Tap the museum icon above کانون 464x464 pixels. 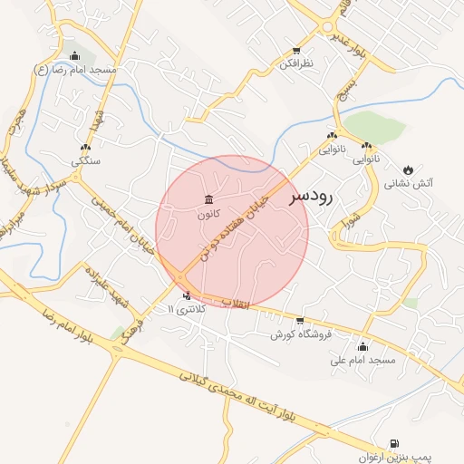[x=208, y=199]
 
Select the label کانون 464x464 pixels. [x=208, y=215]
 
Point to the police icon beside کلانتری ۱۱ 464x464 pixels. [x=188, y=295]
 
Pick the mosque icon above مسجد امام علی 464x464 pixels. [x=363, y=346]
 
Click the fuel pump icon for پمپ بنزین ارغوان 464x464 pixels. [x=393, y=444]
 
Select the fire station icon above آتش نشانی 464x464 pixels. [x=408, y=169]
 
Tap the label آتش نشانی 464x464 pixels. [x=409, y=183]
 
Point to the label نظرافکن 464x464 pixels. [x=295, y=64]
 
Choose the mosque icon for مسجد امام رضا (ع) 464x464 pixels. [x=87, y=55]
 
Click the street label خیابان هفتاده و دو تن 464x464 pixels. [x=237, y=227]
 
